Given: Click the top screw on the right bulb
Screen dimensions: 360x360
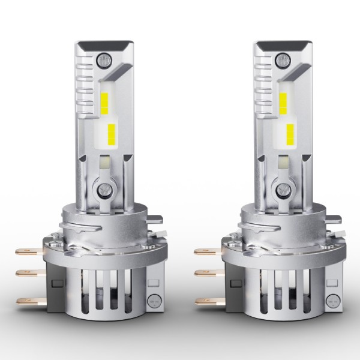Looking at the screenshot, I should (x=281, y=59).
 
